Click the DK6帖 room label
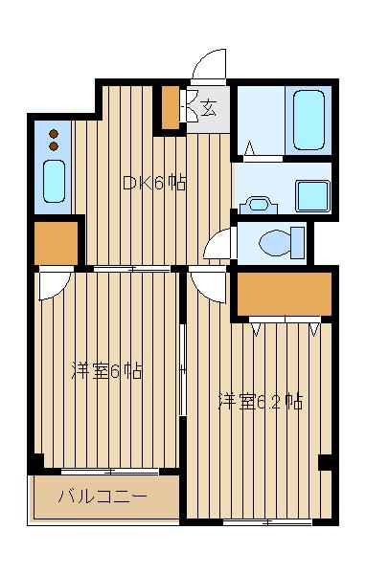pyautogui.click(x=153, y=183)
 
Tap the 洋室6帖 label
pyautogui.click(x=107, y=370)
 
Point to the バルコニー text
pyautogui.click(x=103, y=497)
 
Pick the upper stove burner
pyautogui.click(x=54, y=133)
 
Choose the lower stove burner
pyautogui.click(x=54, y=146)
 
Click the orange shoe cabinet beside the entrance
pyautogui.click(x=170, y=108)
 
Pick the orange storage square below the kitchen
pyautogui.click(x=57, y=241)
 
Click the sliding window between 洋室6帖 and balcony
pyautogui.click(x=110, y=471)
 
